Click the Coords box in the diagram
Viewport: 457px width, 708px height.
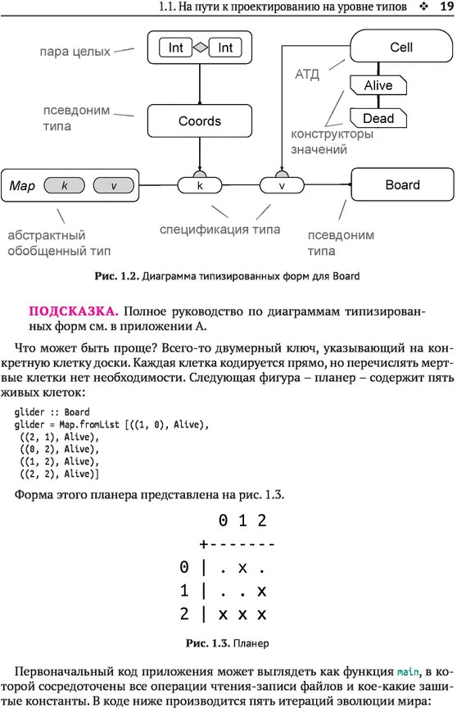click(x=199, y=121)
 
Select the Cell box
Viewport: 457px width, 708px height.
click(x=401, y=46)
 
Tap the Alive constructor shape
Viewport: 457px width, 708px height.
click(x=378, y=85)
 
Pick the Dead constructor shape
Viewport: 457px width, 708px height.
click(x=378, y=118)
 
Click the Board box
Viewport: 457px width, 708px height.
click(x=402, y=184)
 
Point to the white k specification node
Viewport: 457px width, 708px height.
click(x=200, y=185)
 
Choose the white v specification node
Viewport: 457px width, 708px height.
click(x=282, y=185)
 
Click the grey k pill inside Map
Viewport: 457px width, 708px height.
click(x=64, y=185)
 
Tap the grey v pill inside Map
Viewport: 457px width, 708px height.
click(x=114, y=185)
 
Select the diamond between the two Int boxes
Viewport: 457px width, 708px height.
click(x=201, y=48)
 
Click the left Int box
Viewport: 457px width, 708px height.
click(x=175, y=48)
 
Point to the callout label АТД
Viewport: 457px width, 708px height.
click(x=307, y=74)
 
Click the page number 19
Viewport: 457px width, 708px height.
click(x=446, y=7)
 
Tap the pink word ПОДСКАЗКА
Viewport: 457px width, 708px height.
click(x=74, y=311)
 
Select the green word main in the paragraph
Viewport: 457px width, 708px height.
click(x=409, y=672)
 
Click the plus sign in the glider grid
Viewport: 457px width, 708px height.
click(x=204, y=544)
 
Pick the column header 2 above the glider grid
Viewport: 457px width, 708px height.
click(x=262, y=520)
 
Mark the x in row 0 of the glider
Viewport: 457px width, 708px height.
click(x=242, y=568)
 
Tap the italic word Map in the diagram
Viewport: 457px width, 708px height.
click(x=22, y=185)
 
